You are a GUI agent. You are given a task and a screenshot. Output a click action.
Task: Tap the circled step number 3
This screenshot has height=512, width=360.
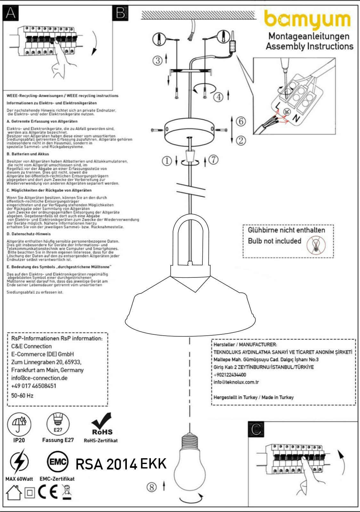coord(157,60)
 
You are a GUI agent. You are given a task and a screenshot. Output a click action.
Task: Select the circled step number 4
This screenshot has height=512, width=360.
coord(218,97)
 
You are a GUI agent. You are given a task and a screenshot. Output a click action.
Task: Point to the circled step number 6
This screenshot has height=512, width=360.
coord(241,121)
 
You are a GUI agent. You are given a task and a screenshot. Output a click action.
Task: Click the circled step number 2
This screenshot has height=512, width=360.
coord(241,140)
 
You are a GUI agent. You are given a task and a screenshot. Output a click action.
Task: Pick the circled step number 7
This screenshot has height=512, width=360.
coord(214,159)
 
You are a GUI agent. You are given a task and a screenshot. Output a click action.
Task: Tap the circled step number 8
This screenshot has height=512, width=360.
coord(151,487)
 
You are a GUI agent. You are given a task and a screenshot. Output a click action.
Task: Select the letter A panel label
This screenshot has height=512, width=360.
coord(11,13)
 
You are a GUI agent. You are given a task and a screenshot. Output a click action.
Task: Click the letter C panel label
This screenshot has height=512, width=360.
coord(256,429)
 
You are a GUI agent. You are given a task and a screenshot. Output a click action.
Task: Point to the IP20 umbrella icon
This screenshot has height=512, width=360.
coord(19,424)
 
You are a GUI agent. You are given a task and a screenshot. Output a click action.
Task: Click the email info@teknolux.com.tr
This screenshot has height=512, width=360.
coord(236,382)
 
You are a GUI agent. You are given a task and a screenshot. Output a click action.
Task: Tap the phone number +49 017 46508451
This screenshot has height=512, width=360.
coord(34,386)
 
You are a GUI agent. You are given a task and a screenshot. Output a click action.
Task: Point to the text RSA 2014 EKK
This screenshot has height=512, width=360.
coord(121,464)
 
